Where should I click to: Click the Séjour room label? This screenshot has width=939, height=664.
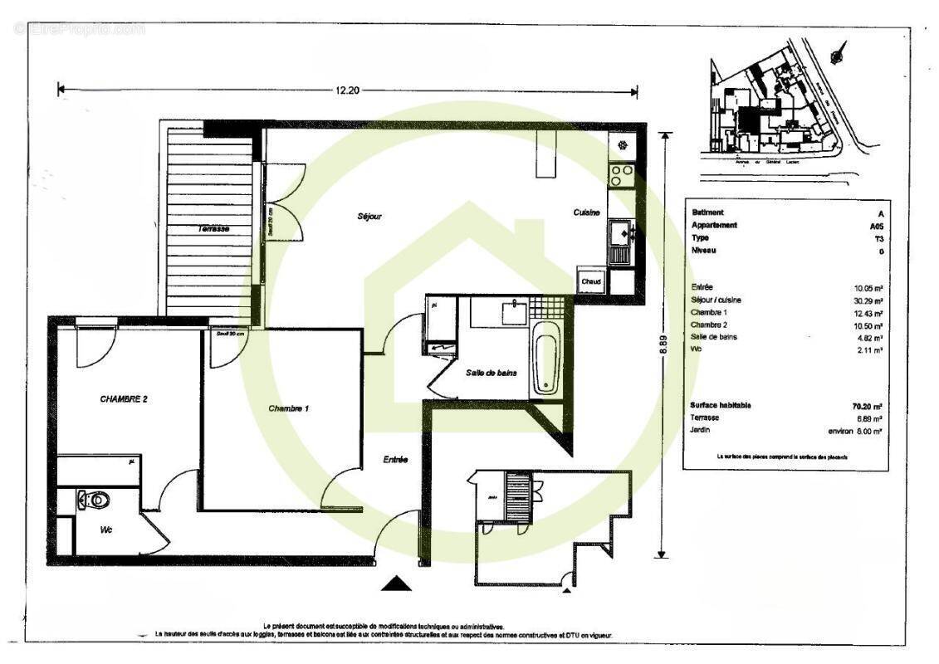point(369,217)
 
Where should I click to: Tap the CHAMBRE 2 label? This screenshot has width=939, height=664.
point(124,399)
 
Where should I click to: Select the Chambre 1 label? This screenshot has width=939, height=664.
point(289,408)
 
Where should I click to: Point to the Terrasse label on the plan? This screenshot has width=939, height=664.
point(213,228)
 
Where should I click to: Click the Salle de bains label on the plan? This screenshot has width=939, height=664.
point(492,373)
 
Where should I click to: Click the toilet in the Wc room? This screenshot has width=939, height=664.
point(94,500)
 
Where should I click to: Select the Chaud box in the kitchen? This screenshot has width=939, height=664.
point(591,281)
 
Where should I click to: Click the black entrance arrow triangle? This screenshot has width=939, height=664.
point(396,584)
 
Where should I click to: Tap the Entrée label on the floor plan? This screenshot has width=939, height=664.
point(395,460)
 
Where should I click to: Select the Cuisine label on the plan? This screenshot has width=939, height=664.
point(586,212)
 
